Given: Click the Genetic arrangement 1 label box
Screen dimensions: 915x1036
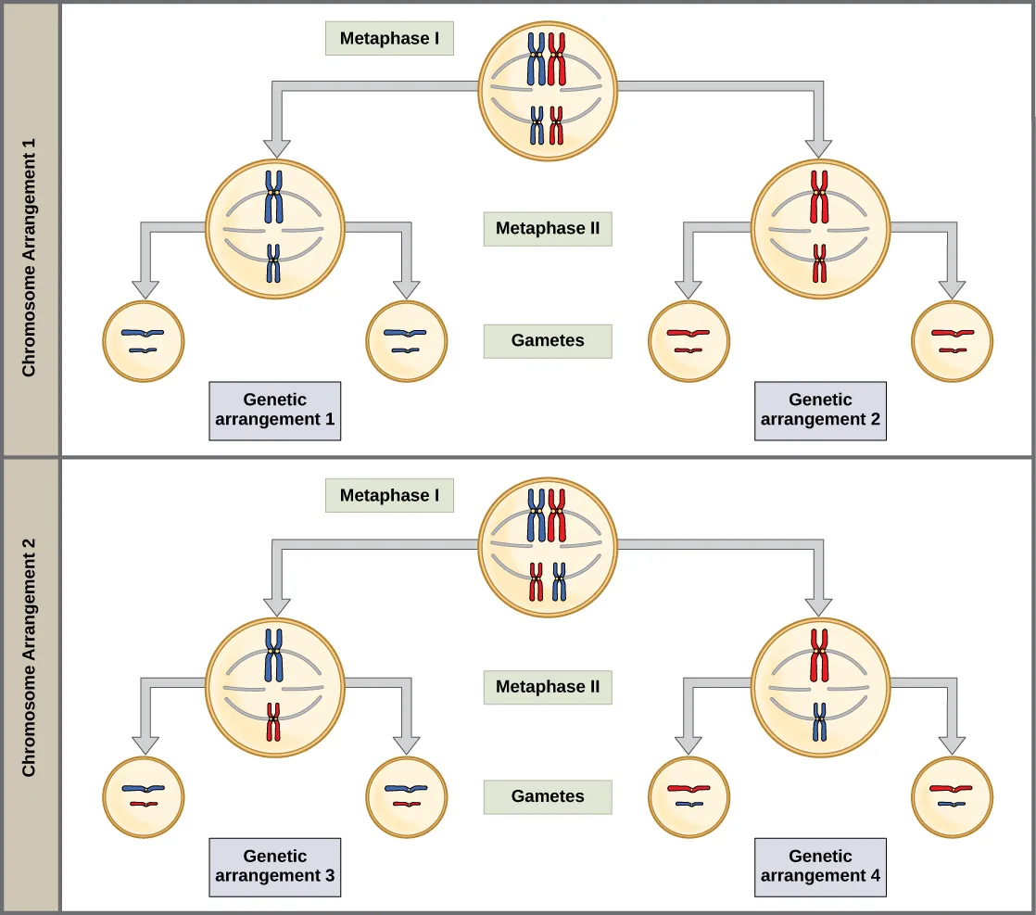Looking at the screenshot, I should coord(274,411).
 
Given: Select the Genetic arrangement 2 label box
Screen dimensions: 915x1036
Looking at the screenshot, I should coord(820,411).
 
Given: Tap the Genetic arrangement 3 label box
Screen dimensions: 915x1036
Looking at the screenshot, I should coord(274,867).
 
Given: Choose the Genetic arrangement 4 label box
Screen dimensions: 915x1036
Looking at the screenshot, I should coord(820,867).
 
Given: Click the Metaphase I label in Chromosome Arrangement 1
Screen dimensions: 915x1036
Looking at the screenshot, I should coord(389,39).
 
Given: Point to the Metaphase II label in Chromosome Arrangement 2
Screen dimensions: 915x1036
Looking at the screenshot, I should coord(547,687).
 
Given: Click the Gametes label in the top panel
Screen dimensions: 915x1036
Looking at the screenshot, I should coord(547,340).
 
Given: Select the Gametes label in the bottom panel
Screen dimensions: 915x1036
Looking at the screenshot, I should coord(547,796).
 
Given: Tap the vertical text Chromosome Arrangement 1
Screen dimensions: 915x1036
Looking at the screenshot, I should coord(30,258).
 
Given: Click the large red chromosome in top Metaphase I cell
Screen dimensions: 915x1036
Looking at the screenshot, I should coord(557,58).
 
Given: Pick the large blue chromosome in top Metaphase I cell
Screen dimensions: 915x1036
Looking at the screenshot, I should coord(537,58).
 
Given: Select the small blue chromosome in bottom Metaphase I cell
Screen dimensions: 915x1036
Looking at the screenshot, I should coord(559,581).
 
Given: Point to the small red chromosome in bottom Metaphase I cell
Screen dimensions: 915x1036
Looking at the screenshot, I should coord(537,581).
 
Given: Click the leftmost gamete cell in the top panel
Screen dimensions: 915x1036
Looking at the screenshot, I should coord(143,341).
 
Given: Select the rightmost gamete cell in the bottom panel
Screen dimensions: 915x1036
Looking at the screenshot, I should coord(952,797).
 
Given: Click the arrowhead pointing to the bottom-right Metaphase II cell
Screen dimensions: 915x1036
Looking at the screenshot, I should coord(818,606).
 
